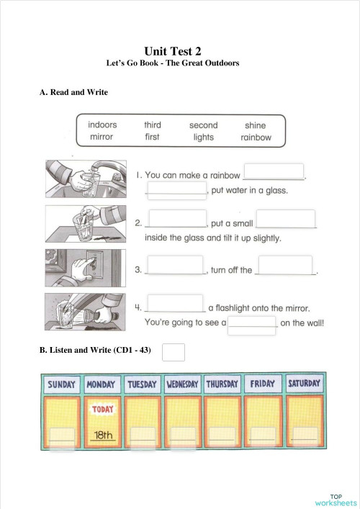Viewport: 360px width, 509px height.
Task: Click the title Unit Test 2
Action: (x=173, y=50)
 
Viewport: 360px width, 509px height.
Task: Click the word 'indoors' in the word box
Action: (x=102, y=125)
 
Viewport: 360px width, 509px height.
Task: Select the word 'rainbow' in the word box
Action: (x=256, y=138)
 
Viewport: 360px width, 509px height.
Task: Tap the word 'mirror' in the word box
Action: (x=102, y=138)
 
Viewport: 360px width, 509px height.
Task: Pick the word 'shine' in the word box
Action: (x=255, y=125)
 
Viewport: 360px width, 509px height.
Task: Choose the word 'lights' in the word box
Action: (x=203, y=138)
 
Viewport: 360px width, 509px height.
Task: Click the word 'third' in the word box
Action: (x=152, y=125)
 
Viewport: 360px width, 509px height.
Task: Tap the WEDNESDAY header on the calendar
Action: (x=182, y=384)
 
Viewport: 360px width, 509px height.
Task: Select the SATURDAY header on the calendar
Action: (x=303, y=384)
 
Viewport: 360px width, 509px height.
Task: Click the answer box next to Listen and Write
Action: (x=174, y=351)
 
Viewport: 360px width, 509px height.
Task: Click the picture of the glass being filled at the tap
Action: (x=85, y=178)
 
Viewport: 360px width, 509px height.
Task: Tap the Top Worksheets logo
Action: (x=335, y=499)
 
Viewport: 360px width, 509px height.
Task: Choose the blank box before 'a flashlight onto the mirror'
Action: (x=175, y=302)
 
